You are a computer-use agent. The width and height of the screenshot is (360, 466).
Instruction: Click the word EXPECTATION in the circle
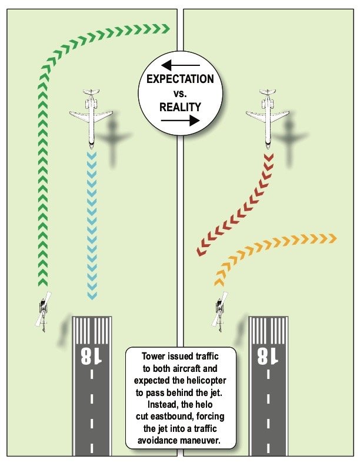(180, 79)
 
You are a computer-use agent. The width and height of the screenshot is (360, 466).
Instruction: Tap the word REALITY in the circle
(180, 107)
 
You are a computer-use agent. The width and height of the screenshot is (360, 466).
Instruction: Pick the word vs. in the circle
(180, 93)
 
